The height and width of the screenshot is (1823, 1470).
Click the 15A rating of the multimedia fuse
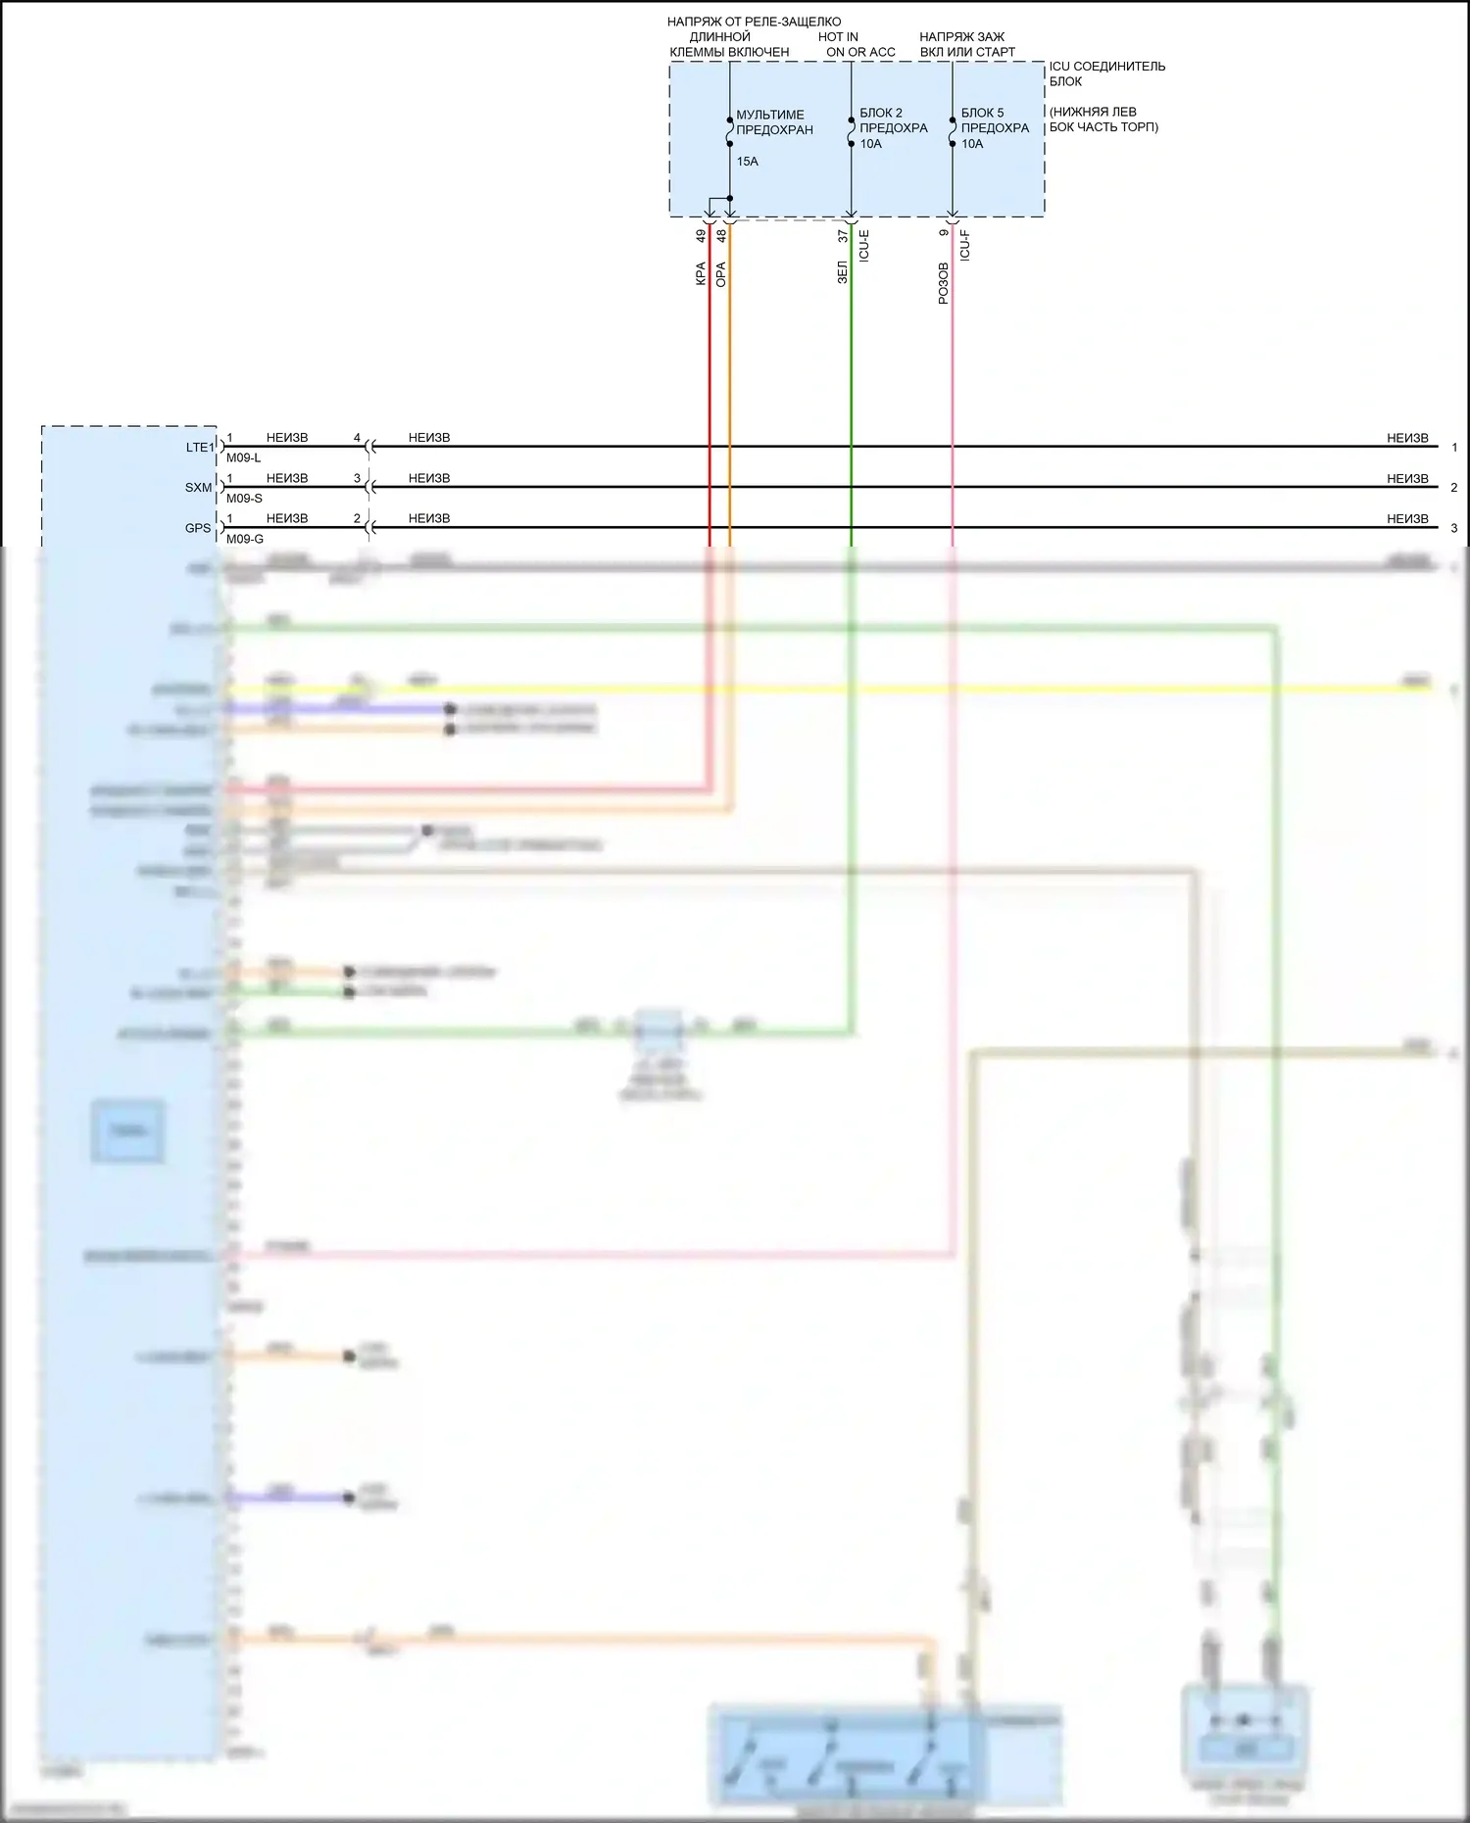pos(747,162)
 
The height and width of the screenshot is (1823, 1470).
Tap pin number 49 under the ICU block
pos(701,236)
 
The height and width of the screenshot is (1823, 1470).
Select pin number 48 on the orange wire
pos(721,236)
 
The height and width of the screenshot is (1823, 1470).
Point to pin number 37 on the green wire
pos(843,236)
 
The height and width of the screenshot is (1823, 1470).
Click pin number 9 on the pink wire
pos(944,233)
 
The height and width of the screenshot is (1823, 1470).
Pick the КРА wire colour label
pos(701,273)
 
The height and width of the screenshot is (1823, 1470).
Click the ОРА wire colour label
pos(721,274)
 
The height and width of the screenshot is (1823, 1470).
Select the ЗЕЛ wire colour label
pos(843,272)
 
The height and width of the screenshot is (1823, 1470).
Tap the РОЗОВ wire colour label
pos(944,283)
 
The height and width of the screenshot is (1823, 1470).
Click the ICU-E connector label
pos(864,245)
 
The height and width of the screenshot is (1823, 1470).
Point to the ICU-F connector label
pos(965,245)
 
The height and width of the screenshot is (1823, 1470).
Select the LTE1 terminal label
pos(200,448)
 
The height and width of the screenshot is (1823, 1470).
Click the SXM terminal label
pos(198,488)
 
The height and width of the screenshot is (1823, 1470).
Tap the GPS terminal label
pos(198,528)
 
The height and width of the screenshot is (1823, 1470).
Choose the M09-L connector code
pos(243,458)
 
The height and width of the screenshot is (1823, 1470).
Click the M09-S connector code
pos(244,499)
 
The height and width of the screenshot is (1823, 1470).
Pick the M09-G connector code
pos(244,539)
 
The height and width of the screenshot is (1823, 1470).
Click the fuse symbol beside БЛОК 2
pos(851,131)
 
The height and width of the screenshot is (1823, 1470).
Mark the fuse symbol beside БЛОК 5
pos(952,131)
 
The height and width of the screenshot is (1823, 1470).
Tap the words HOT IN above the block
pos(838,37)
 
